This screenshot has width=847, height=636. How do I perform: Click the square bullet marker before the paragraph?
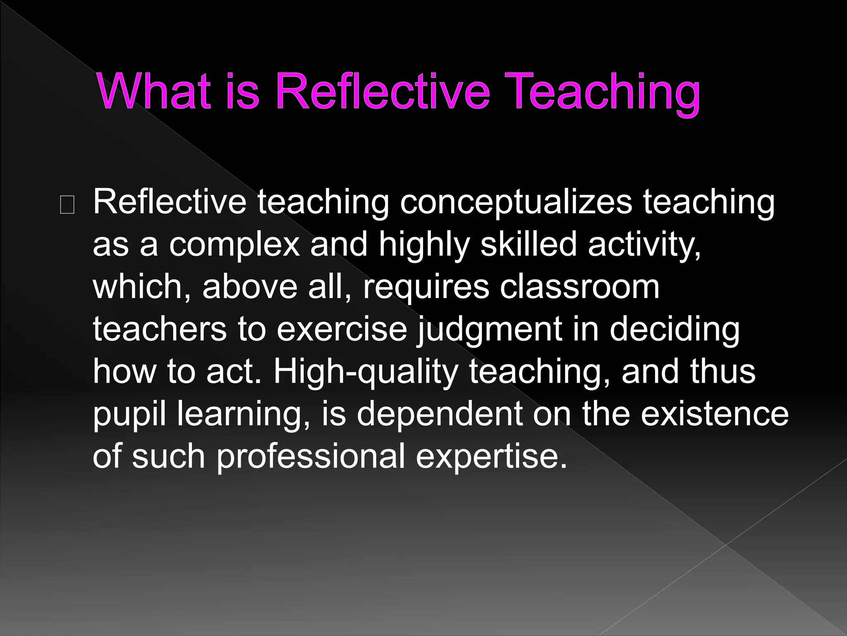tap(67, 205)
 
